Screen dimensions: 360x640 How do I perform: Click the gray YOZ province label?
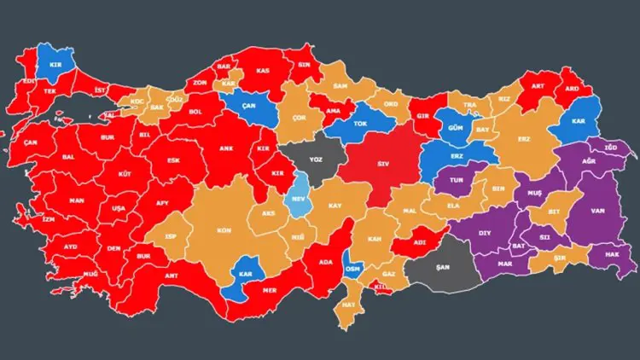point(317,160)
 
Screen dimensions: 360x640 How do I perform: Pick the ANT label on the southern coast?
point(172,275)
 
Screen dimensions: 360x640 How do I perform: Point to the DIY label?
point(485,231)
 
